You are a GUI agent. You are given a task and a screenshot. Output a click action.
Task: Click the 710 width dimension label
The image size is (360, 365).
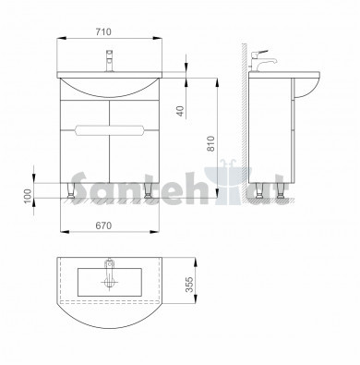[x=103, y=31]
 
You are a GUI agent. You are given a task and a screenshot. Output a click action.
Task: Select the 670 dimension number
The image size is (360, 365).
[x=103, y=225]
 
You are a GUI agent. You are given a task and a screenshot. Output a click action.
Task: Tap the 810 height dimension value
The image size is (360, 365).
[x=211, y=143]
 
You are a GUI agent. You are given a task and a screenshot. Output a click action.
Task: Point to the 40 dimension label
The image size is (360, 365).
[x=181, y=111]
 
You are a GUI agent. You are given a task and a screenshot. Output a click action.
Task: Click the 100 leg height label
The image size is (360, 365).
[x=28, y=196]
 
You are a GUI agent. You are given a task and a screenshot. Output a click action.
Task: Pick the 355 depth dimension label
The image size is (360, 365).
[x=189, y=285]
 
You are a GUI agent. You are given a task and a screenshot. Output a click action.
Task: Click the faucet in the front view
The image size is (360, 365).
[x=109, y=61]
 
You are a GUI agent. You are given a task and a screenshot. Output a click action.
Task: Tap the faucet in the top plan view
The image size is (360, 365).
[x=110, y=274]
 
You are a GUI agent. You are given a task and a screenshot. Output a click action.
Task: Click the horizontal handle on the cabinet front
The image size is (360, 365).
[x=110, y=130]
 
